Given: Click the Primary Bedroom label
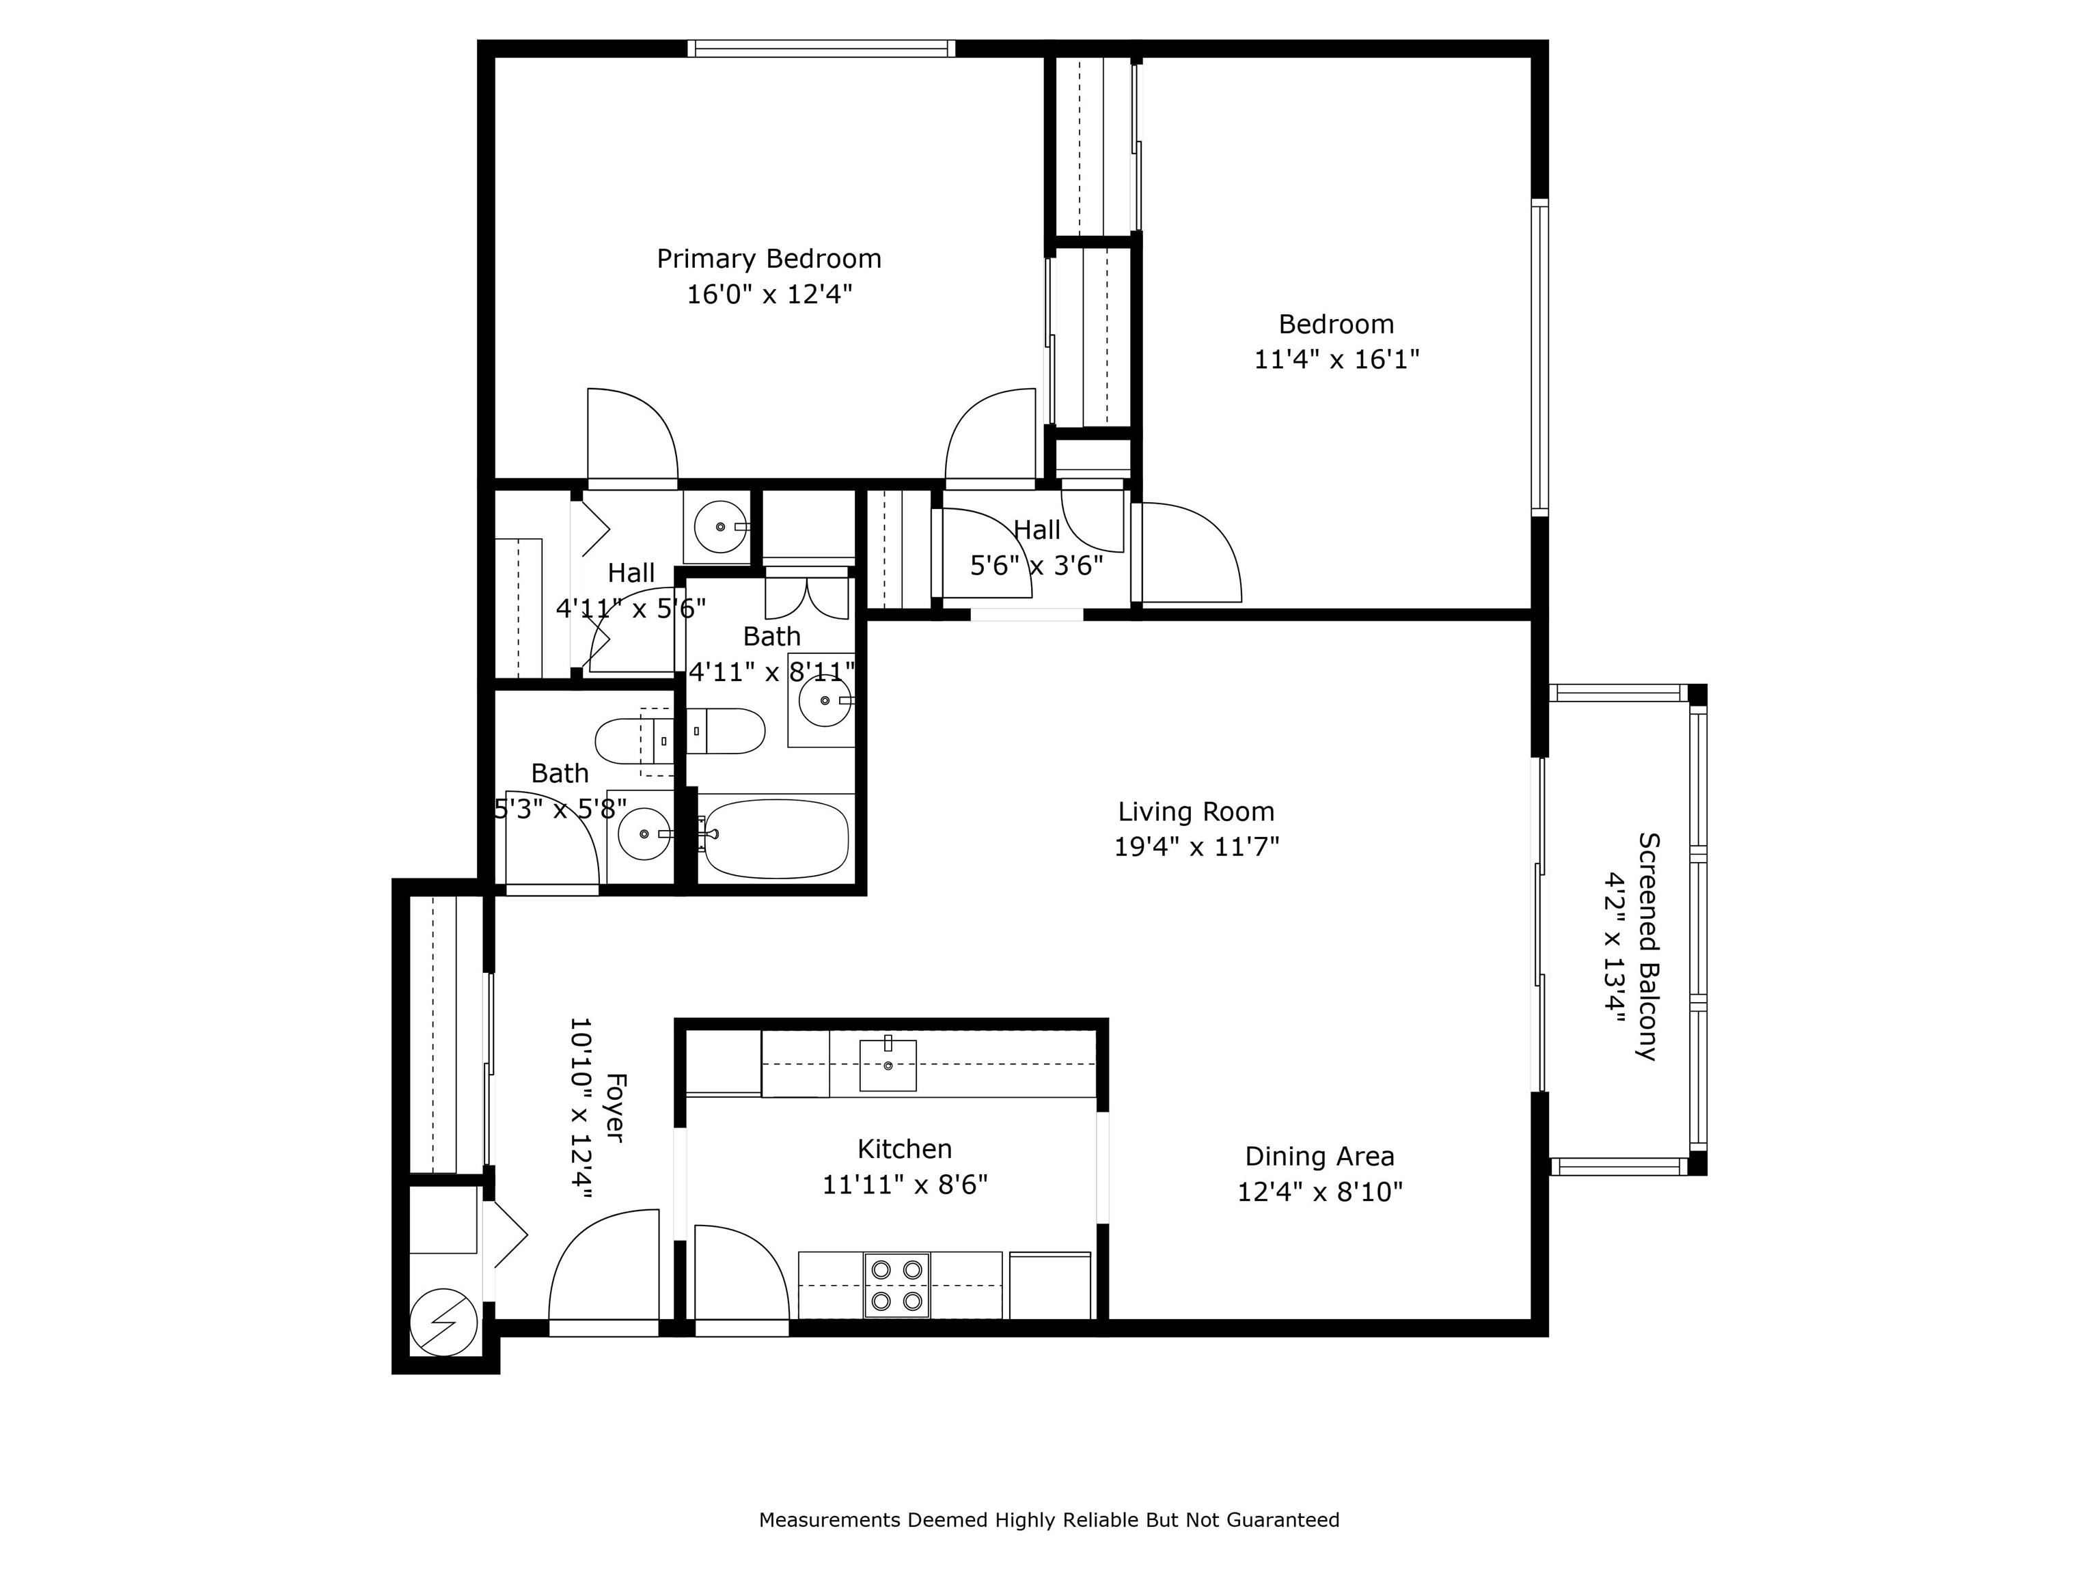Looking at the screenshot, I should tap(769, 259).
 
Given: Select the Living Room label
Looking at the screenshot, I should tap(1196, 812).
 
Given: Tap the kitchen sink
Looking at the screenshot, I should tap(888, 1064).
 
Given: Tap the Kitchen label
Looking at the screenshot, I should tap(905, 1150).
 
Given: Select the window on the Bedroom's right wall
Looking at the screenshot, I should tap(1539, 358).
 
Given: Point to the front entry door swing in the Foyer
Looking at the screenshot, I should tap(603, 1267).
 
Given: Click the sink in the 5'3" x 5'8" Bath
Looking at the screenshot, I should tap(644, 834).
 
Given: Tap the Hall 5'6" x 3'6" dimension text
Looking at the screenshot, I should tap(1037, 566).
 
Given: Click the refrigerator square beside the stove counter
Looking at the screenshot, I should tap(1049, 1286).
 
